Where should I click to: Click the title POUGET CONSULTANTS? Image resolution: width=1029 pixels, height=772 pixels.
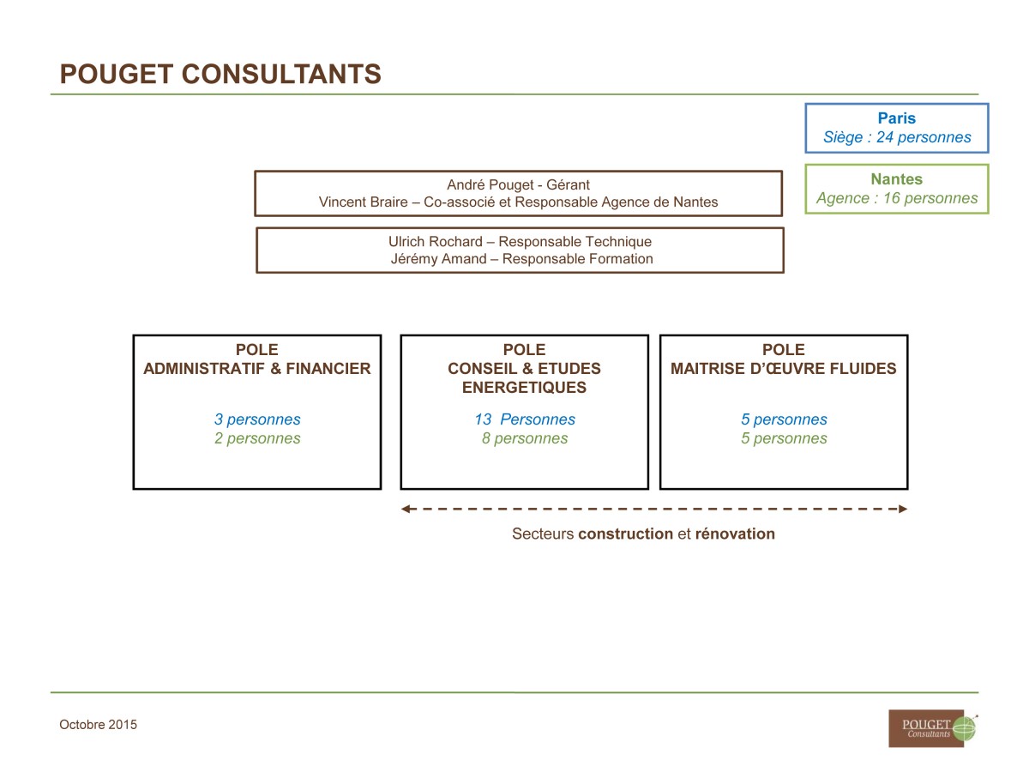click(220, 74)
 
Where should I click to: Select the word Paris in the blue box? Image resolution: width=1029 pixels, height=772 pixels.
click(896, 118)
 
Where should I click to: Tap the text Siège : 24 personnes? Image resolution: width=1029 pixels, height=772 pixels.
click(897, 137)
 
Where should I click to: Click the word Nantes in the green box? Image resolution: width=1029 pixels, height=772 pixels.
click(896, 179)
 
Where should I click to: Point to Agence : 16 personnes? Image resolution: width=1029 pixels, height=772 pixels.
click(897, 198)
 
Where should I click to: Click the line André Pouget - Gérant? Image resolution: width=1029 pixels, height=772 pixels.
click(518, 184)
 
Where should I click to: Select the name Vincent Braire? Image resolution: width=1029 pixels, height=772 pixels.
click(363, 202)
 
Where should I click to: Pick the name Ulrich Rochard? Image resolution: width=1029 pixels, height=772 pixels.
click(435, 241)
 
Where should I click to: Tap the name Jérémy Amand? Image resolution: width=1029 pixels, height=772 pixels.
click(438, 259)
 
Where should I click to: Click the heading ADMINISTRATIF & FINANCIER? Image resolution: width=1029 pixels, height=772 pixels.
click(257, 369)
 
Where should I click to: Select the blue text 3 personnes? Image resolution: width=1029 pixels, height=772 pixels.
click(257, 419)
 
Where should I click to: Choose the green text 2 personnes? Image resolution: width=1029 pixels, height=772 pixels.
click(257, 438)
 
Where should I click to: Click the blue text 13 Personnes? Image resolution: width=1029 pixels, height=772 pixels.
click(525, 419)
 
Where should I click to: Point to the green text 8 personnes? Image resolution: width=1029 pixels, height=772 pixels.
click(525, 438)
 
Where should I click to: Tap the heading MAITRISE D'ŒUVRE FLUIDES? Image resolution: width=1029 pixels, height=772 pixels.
click(784, 369)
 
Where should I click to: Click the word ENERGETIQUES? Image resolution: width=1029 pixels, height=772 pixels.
click(524, 387)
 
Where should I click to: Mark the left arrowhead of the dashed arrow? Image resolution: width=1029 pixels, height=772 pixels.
click(405, 509)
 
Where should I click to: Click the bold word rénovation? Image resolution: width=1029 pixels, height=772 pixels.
click(735, 534)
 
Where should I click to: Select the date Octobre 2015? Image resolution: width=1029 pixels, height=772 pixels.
click(98, 725)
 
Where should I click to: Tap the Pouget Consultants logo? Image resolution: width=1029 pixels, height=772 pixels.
click(932, 728)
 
